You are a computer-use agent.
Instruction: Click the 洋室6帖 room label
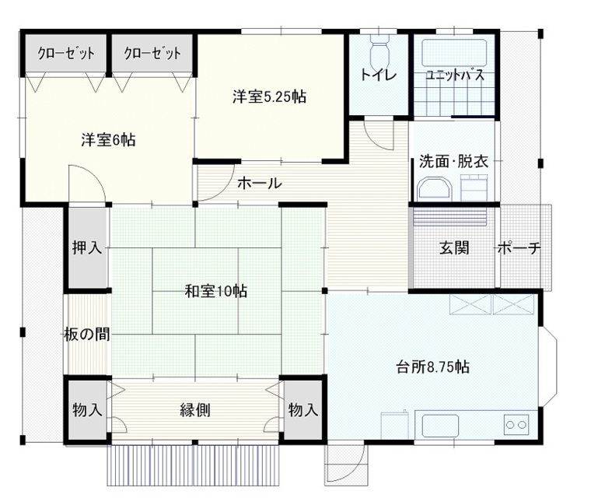point(108,140)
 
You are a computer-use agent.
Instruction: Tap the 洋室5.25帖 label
point(269,97)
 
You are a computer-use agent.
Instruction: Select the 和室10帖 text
point(215,291)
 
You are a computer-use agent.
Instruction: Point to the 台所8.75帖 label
point(432,366)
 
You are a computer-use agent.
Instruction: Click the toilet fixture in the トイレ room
point(379,51)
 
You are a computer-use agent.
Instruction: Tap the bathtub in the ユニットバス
point(454,52)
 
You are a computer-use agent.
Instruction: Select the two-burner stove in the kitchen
point(516,424)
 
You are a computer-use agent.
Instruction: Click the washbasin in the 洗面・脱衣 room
point(434,188)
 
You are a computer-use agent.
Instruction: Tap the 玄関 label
point(454,248)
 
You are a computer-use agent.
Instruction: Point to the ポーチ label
point(519,248)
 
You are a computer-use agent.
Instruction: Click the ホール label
point(259,184)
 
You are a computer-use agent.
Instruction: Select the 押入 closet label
point(87,248)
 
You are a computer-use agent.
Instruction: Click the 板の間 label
point(87,335)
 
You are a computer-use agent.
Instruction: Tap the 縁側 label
point(195,410)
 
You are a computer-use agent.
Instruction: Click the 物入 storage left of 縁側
point(87,410)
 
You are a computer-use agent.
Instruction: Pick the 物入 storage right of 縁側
point(303,410)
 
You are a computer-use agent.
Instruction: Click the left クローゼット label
point(66,53)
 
